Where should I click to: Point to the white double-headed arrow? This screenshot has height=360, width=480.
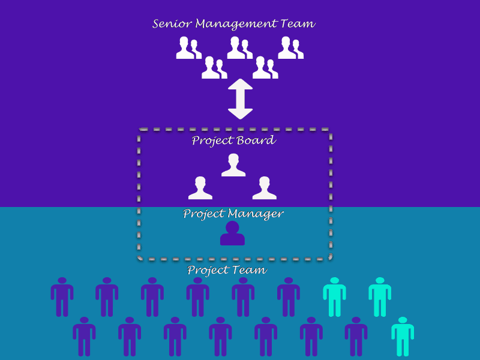[x=241, y=98]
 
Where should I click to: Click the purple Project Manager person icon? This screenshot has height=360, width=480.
[x=232, y=234]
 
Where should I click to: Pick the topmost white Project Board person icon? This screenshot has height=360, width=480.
[x=233, y=165]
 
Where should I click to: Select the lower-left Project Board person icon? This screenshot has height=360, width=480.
[x=200, y=188]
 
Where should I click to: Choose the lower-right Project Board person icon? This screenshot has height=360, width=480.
[x=265, y=188]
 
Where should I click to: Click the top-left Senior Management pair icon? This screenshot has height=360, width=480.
[x=188, y=48]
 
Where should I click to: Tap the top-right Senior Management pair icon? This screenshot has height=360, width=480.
[x=290, y=48]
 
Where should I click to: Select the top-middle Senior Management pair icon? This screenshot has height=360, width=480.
[x=239, y=48]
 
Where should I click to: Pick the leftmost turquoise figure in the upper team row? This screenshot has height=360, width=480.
[x=334, y=296]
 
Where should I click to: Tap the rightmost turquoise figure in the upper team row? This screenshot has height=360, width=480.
[x=380, y=296]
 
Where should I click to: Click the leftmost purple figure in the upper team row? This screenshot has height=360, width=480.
[x=62, y=296]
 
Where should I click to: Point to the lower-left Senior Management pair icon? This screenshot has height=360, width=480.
[x=214, y=68]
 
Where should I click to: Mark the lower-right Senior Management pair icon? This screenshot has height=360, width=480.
[x=265, y=68]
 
